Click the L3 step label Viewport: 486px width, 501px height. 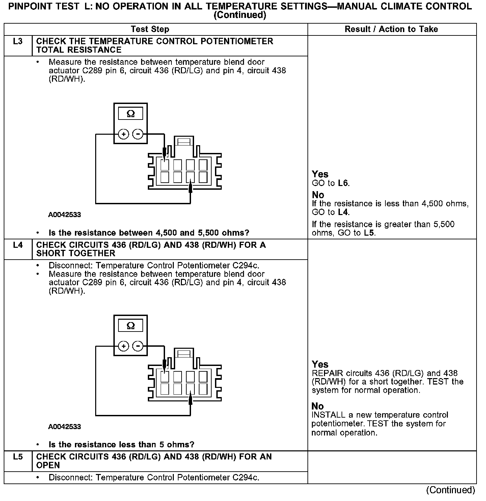[x=18, y=42]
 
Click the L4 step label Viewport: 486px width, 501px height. [x=18, y=245]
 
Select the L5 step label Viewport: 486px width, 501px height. [x=18, y=457]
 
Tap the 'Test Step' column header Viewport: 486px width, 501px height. [x=150, y=29]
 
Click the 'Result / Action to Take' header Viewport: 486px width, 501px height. [x=391, y=29]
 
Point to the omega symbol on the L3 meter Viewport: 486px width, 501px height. [x=131, y=114]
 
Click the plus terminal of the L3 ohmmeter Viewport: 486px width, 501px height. [x=124, y=134]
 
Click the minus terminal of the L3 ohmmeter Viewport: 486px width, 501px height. [x=137, y=134]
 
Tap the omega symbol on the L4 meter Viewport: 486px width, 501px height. [x=131, y=326]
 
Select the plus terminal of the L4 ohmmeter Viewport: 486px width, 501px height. [x=124, y=346]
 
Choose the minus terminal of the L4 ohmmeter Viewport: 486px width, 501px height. [x=137, y=346]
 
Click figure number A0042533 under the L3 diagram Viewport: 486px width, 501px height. [x=64, y=215]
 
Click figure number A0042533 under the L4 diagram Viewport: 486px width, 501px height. [x=64, y=427]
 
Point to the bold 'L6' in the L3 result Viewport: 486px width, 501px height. [x=343, y=183]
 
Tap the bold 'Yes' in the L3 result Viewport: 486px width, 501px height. [x=320, y=174]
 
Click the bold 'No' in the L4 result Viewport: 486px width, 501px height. [x=318, y=406]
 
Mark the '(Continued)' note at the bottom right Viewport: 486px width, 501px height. [x=451, y=490]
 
